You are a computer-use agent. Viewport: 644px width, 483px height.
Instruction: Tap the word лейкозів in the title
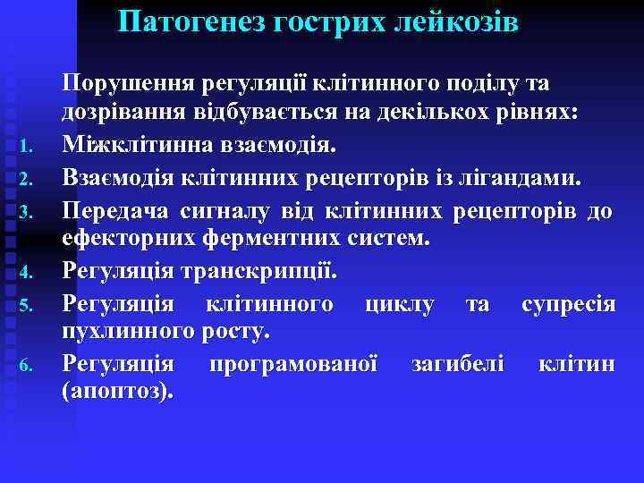click(x=455, y=21)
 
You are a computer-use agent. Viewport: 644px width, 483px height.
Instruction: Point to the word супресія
click(x=568, y=304)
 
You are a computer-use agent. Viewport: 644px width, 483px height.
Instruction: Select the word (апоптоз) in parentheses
click(x=119, y=394)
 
